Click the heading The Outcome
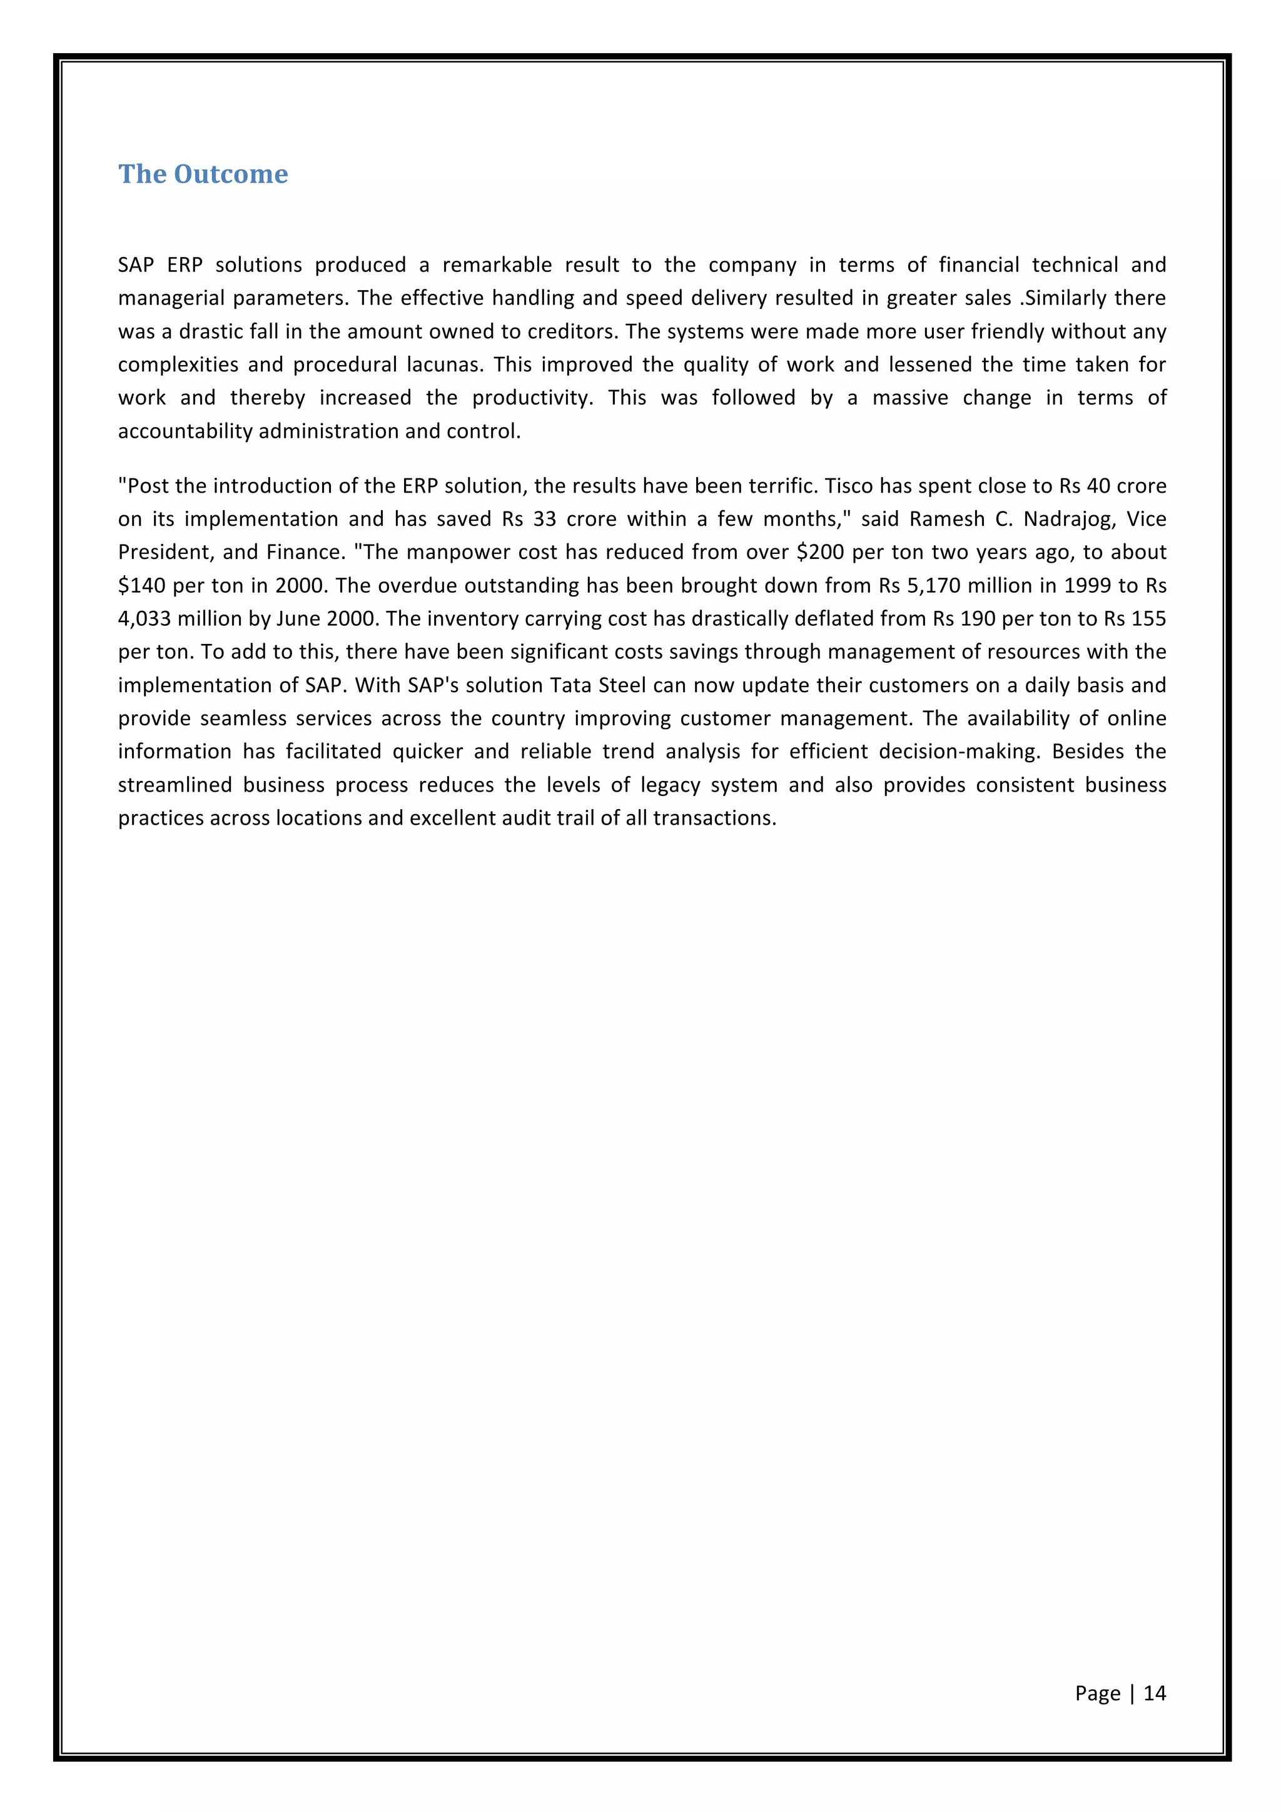pyautogui.click(x=203, y=174)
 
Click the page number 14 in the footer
pyautogui.click(x=1154, y=1692)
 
